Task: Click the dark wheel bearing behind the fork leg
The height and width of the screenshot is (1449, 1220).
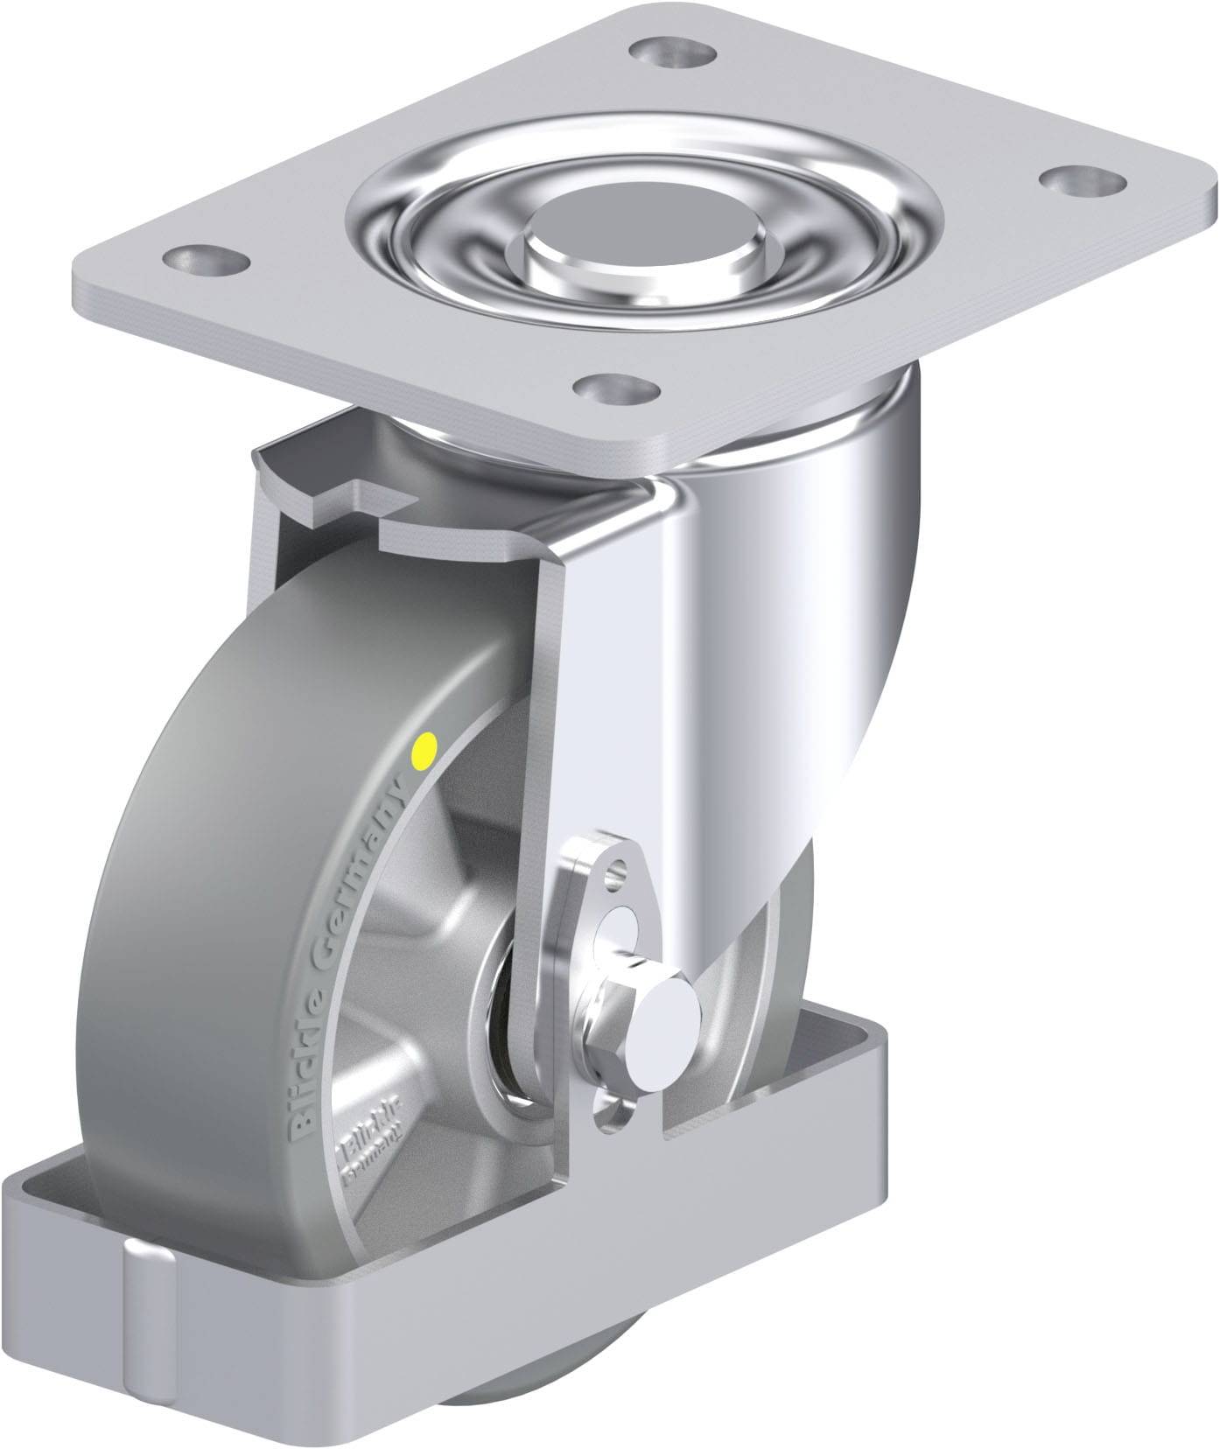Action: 506,989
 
